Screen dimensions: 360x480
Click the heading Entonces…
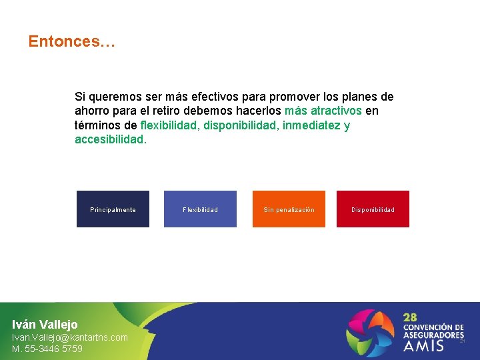(x=71, y=42)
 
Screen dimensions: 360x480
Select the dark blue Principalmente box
(x=113, y=209)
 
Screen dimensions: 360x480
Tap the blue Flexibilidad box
(x=200, y=209)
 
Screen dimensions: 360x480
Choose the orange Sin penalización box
(x=289, y=209)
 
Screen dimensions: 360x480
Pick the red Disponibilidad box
(x=373, y=209)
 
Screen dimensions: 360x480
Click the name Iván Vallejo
(x=45, y=325)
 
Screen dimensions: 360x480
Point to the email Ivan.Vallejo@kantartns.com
(x=70, y=337)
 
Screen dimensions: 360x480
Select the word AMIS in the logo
(x=423, y=345)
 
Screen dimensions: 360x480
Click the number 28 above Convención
(x=410, y=317)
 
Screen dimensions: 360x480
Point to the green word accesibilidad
(x=109, y=140)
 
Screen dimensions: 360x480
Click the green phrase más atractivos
(x=323, y=111)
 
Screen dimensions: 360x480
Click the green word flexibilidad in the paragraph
(x=169, y=125)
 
